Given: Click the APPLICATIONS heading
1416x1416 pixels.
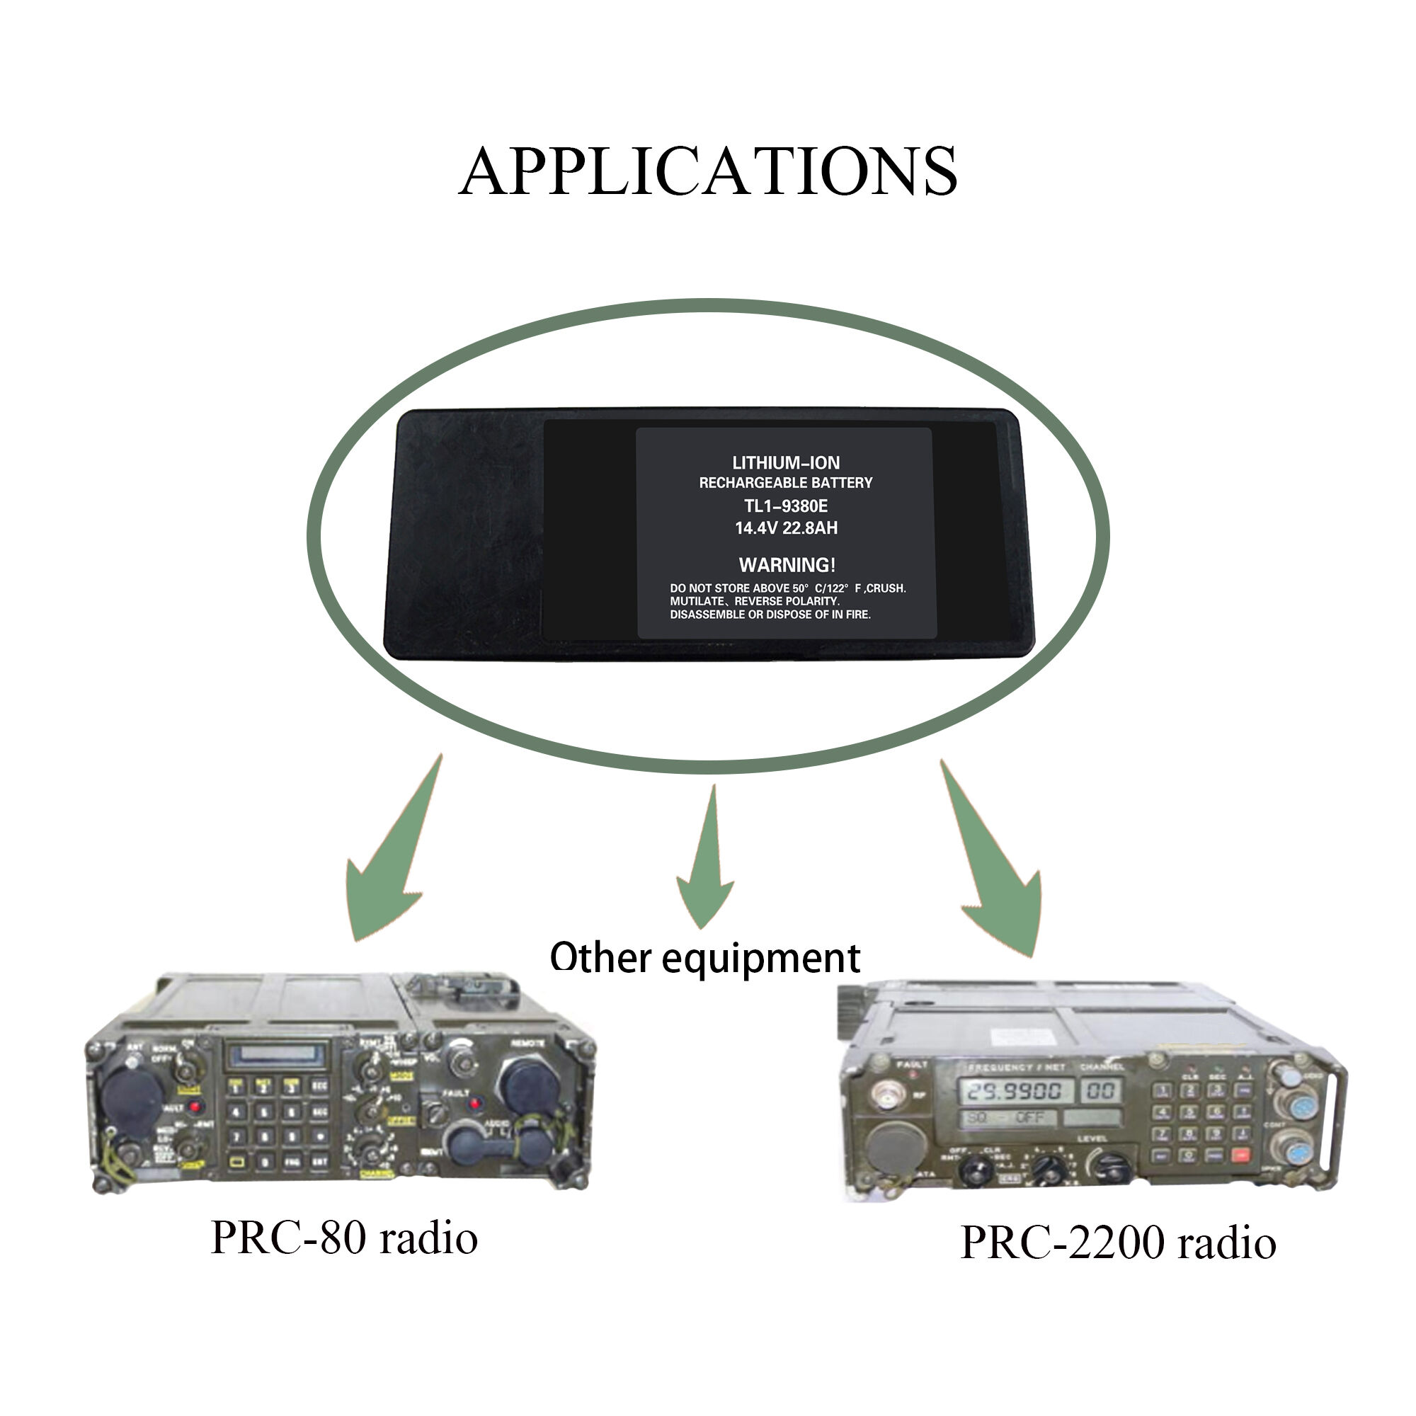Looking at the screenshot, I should pos(707,171).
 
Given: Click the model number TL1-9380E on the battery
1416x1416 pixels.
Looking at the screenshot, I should pos(786,506).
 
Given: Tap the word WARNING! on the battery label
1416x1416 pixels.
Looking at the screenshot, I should pos(787,565).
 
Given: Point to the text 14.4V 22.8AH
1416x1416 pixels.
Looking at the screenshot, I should pos(786,527).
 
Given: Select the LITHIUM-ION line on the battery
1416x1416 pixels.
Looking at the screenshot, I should pos(786,462).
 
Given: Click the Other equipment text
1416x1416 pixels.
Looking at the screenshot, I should pos(704,958).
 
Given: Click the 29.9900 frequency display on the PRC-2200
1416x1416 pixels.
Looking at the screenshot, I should pos(1015,1091).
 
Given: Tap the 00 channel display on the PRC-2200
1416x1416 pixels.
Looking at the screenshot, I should pos(1100,1090).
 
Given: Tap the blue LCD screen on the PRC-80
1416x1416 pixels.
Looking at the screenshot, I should pos(277,1056).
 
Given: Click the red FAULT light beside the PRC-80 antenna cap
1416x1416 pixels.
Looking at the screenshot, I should pos(195,1106).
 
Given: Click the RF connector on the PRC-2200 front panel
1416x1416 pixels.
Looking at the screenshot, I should pos(888,1097).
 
